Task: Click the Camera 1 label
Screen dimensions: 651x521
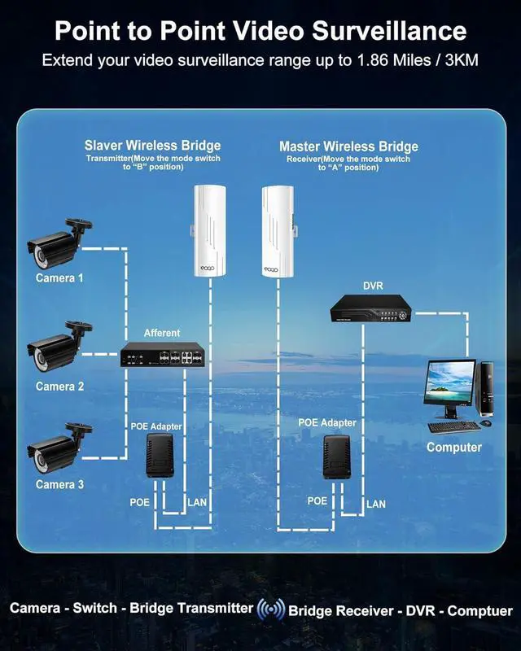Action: pos(59,278)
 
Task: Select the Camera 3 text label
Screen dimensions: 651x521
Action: pos(59,485)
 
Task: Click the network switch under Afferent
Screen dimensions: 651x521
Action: pos(161,356)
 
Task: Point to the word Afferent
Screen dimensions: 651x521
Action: pos(162,333)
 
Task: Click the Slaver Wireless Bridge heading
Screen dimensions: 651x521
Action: pos(152,146)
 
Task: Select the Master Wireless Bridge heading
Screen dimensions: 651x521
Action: pos(348,146)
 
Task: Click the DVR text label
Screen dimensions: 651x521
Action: pos(372,286)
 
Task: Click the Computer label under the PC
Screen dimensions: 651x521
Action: pos(454,447)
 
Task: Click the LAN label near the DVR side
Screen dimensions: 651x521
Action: pos(376,505)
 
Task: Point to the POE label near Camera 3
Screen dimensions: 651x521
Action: pos(140,502)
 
